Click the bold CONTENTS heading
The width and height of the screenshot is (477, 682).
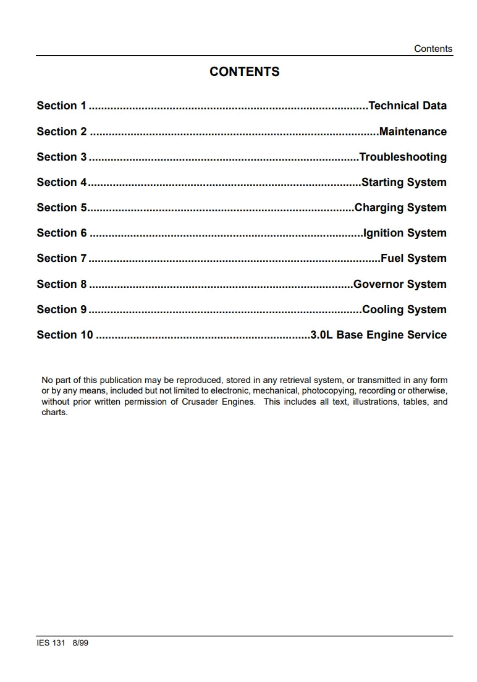(x=244, y=72)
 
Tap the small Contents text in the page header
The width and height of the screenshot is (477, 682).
(x=433, y=49)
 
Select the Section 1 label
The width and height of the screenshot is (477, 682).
(x=62, y=106)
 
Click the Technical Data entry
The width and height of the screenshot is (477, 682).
(x=407, y=106)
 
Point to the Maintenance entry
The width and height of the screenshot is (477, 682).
(x=413, y=132)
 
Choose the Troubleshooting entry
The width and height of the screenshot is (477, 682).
(x=403, y=157)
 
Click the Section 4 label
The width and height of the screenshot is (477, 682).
(x=62, y=182)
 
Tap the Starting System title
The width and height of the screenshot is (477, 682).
(x=404, y=182)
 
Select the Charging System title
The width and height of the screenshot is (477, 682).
(x=400, y=208)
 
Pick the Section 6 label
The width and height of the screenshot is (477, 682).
(x=62, y=233)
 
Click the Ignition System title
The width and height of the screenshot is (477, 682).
(x=405, y=233)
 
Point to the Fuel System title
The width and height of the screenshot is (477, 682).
(x=413, y=258)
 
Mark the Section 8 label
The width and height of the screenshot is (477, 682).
(x=62, y=284)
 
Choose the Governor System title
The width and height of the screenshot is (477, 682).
(x=400, y=284)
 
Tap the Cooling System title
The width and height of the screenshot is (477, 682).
(x=404, y=309)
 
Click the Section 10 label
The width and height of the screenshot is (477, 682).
(x=65, y=335)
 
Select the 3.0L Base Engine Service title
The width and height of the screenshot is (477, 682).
(x=378, y=335)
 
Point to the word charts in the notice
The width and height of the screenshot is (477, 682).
(x=54, y=412)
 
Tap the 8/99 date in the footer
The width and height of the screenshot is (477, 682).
(x=80, y=643)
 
